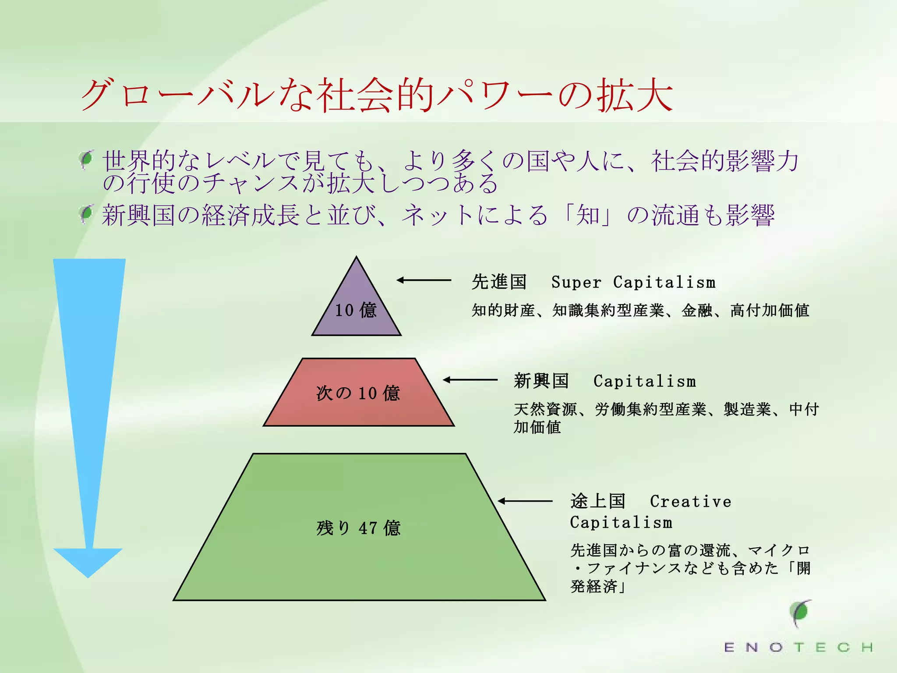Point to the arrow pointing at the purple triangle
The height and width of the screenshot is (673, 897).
coord(424,280)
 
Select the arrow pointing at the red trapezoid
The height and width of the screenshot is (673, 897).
coord(470,380)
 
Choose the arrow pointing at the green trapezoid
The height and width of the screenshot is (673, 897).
coord(525,501)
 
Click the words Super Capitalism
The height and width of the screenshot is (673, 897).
coord(633,282)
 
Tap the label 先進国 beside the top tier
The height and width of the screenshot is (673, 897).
coord(499,282)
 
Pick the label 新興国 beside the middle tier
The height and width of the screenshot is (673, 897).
coord(541,381)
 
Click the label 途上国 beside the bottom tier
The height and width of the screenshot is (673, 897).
coord(598,501)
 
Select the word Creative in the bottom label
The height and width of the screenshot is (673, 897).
coord(691,501)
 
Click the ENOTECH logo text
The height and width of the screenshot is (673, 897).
coord(798,647)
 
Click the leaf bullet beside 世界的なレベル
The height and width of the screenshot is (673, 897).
coord(87,159)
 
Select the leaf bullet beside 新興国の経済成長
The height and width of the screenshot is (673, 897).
coord(87,214)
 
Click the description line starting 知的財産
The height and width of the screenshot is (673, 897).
coord(640,310)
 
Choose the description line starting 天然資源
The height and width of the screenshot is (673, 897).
coord(666,409)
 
